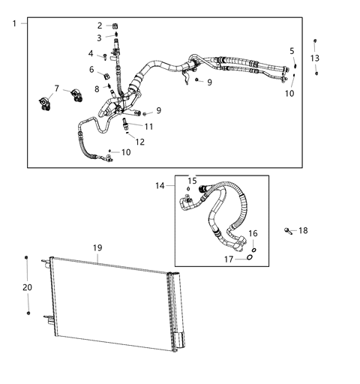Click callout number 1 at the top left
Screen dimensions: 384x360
click(14, 24)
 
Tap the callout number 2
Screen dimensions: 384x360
click(100, 25)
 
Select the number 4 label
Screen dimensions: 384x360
click(91, 53)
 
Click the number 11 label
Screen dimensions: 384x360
click(148, 127)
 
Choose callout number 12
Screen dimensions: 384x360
click(140, 142)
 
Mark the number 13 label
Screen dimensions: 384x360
click(315, 58)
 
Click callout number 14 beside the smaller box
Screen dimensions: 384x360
click(160, 184)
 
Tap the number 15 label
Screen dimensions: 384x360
click(192, 181)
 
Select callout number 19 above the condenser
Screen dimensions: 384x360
click(97, 247)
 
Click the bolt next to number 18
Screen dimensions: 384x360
click(288, 231)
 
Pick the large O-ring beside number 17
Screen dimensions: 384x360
click(249, 259)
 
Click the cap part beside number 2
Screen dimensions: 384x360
click(116, 25)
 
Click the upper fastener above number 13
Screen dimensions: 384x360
click(315, 41)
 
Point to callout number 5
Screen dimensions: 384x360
click(292, 50)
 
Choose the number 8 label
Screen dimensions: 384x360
click(97, 88)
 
